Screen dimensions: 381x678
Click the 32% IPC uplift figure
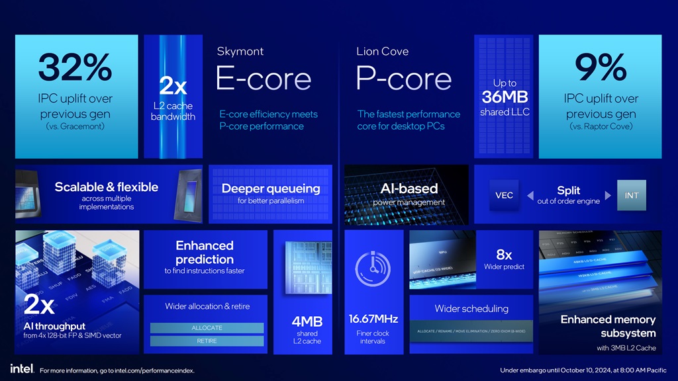(x=75, y=68)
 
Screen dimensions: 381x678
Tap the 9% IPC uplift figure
(x=601, y=68)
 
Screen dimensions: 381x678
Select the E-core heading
(x=263, y=79)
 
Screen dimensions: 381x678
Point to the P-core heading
(x=403, y=79)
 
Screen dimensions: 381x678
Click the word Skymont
(x=239, y=51)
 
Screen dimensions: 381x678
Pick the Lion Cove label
(x=382, y=51)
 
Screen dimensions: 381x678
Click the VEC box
(x=505, y=195)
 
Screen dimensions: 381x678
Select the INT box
(x=631, y=195)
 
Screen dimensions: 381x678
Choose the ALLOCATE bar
(x=207, y=328)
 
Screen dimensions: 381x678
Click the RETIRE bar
(x=207, y=341)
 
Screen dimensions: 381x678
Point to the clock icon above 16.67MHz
(x=373, y=271)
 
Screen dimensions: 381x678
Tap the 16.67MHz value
(x=373, y=319)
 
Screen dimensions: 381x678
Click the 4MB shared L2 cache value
(x=307, y=321)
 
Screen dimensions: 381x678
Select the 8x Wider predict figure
(x=504, y=255)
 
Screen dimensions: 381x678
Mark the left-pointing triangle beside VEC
(x=530, y=195)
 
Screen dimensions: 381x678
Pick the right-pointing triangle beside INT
(x=608, y=195)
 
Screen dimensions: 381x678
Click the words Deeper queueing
(x=270, y=189)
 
